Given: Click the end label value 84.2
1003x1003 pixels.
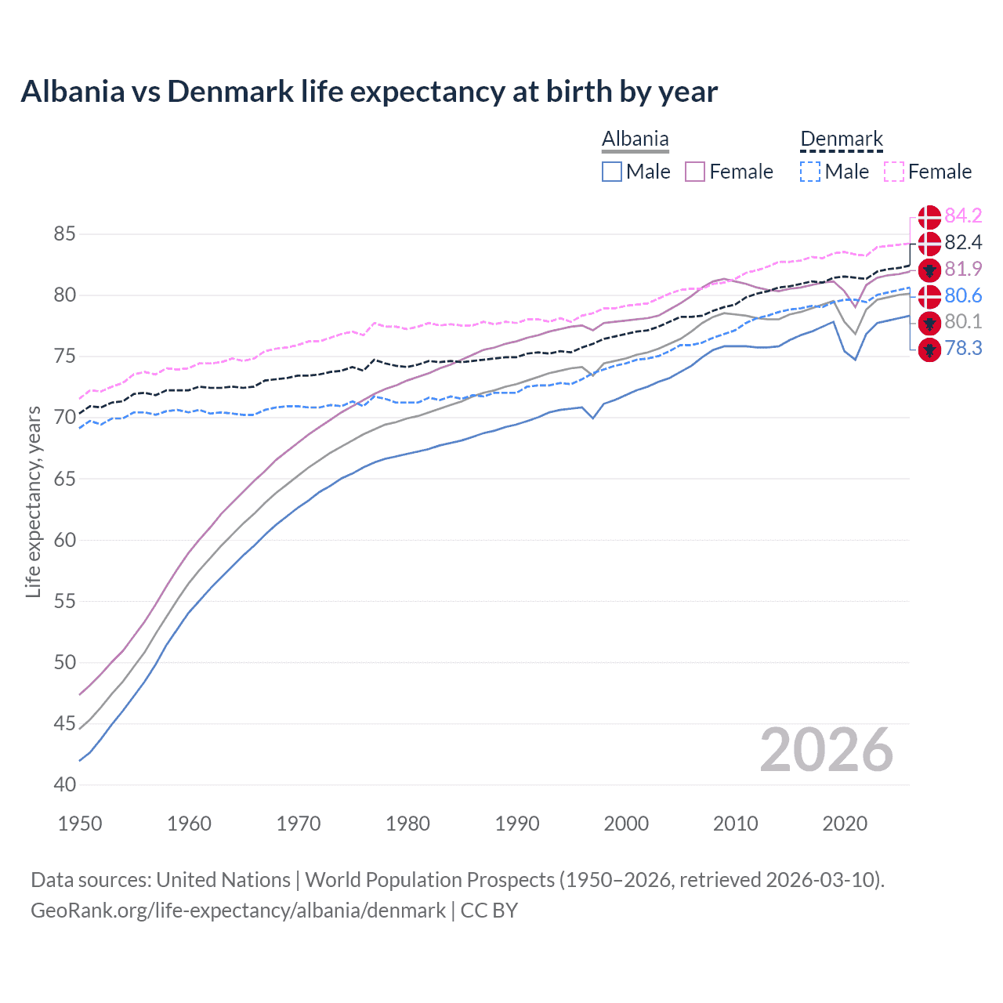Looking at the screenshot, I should coord(963,215).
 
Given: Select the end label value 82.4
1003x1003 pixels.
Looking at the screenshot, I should coord(963,242).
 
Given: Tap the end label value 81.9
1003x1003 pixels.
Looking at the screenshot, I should coord(963,269).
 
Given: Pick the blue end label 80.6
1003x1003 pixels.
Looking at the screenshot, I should coord(963,295).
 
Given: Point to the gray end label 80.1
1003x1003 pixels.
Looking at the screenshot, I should coord(963,321).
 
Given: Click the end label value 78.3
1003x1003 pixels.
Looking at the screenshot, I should coord(963,348).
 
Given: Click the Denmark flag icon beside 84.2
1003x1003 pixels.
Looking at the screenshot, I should coord(929,217).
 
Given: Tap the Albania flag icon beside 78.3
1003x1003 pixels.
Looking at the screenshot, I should coord(929,349).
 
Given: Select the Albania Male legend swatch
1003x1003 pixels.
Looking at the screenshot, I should coord(612,172).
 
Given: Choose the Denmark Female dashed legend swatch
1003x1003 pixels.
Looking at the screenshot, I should coord(894,172).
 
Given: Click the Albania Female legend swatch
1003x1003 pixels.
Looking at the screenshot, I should coord(695,172).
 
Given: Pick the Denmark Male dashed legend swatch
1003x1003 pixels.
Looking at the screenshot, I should coord(810,172).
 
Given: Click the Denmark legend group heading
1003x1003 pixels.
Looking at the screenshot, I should coord(842,139).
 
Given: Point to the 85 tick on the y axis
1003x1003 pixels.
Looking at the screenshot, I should coord(64,234).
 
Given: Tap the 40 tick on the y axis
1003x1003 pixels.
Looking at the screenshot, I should coord(64,784).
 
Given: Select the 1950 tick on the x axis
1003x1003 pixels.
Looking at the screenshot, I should coord(80,824).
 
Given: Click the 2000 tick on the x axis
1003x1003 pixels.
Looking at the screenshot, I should coord(626,824).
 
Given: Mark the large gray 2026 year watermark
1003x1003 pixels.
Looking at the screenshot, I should coord(826,750).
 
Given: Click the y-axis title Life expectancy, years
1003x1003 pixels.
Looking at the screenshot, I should coord(34,501).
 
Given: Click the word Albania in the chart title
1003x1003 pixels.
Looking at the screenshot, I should coord(72,92).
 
